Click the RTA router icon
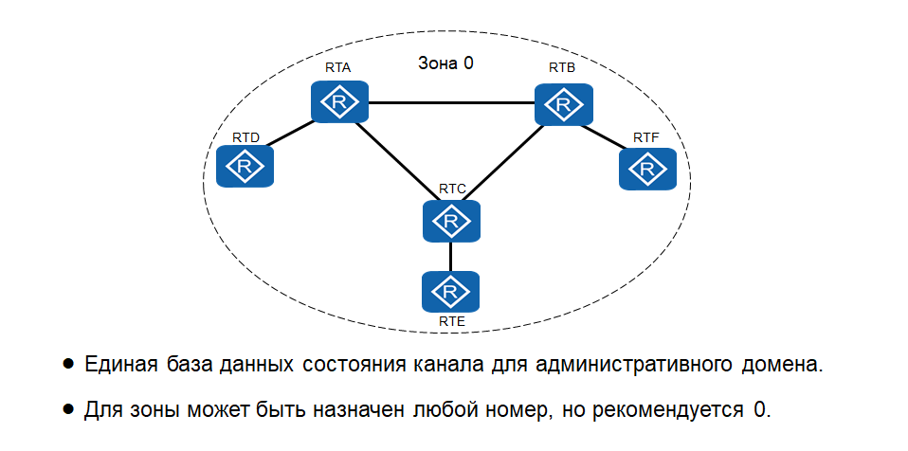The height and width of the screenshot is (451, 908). click(339, 101)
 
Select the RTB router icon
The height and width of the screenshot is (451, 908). click(564, 103)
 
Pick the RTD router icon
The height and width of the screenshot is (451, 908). click(245, 168)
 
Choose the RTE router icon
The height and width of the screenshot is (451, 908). click(451, 292)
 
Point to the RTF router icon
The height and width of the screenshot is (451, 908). click(648, 170)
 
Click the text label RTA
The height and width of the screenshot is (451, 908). click(338, 68)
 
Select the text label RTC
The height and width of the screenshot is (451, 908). click(452, 189)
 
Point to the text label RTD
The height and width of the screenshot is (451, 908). click(245, 138)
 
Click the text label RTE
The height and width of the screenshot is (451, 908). click(451, 322)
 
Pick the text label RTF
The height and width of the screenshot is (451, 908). click(646, 138)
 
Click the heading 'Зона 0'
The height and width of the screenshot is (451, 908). click(445, 64)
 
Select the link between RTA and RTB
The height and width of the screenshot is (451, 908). click(451, 102)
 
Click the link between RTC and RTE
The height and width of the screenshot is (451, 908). click(451, 256)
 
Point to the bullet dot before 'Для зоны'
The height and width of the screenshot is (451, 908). click(68, 409)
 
